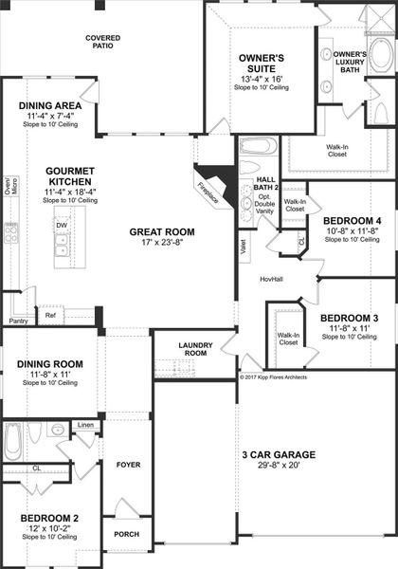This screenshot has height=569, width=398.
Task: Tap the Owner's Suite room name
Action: pos(261,63)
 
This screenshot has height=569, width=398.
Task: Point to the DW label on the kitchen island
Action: pos(60,225)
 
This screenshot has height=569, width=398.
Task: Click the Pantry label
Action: pos(18,321)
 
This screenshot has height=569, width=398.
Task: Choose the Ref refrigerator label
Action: pos(50,315)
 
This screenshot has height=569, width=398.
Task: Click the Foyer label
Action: pos(128,465)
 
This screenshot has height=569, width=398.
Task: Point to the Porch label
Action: pos(127,533)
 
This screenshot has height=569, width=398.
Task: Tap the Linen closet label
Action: pos(85,425)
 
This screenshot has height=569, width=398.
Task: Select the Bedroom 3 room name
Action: pos(349,318)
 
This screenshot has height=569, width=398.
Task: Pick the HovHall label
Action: pos(274,279)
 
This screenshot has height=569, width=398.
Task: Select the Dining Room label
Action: pos(49,364)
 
